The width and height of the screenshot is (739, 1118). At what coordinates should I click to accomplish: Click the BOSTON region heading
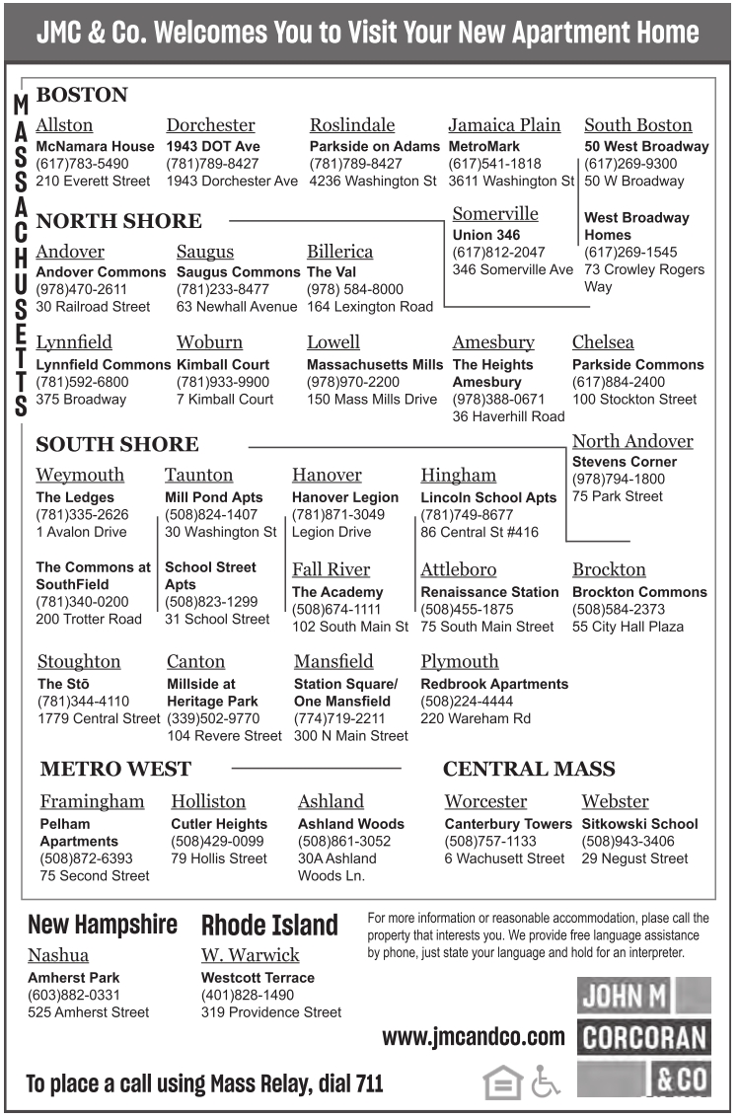82,96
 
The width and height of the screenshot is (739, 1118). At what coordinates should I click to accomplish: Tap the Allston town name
64,125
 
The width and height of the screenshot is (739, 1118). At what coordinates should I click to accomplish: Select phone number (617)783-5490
82,164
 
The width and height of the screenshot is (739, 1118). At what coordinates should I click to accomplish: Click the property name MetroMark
483,146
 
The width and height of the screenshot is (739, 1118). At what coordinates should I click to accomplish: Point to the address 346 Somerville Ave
512,269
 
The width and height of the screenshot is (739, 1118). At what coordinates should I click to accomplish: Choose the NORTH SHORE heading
118,221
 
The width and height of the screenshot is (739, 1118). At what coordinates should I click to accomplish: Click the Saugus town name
205,252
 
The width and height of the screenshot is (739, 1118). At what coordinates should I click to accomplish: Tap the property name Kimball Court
223,364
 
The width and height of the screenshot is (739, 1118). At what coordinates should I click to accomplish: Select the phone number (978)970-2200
353,382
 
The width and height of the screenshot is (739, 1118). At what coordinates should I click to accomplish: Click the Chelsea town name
603,342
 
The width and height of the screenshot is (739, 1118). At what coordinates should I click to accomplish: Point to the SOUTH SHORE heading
116,444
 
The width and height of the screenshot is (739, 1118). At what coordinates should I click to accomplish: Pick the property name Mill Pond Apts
214,497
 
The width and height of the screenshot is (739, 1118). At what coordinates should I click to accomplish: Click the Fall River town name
331,569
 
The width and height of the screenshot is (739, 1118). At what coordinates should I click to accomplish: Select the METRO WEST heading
115,769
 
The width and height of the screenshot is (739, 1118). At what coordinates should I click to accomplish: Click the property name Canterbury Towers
507,824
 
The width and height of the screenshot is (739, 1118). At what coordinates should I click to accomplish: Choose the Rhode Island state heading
269,926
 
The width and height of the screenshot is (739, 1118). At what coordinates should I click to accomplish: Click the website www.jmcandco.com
474,1037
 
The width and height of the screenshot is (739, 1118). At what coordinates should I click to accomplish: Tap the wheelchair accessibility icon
545,1082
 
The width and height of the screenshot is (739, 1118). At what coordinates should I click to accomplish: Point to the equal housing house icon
502,1082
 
